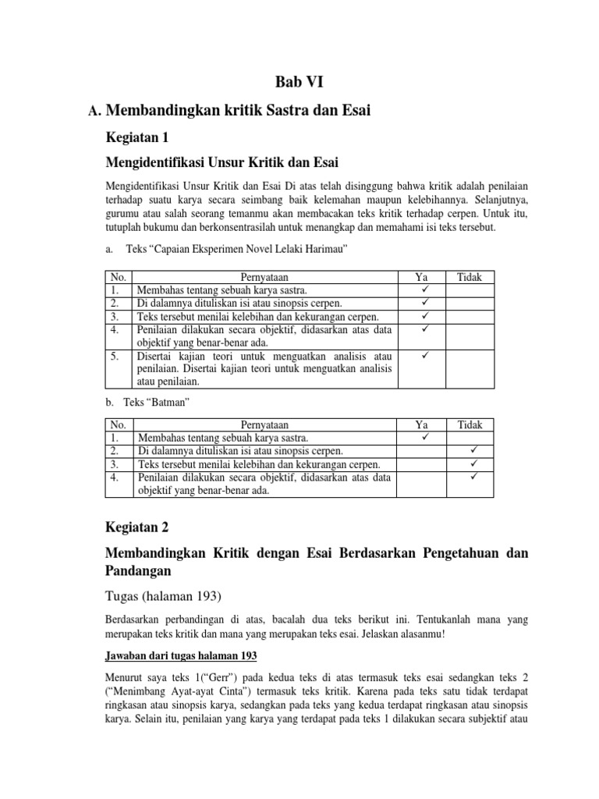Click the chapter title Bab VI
[299, 83]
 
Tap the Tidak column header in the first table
[470, 276]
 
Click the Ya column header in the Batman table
[421, 425]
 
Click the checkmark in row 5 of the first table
[425, 356]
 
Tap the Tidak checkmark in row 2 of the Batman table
[473, 451]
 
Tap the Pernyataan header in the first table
[264, 276]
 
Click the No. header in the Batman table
[119, 425]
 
